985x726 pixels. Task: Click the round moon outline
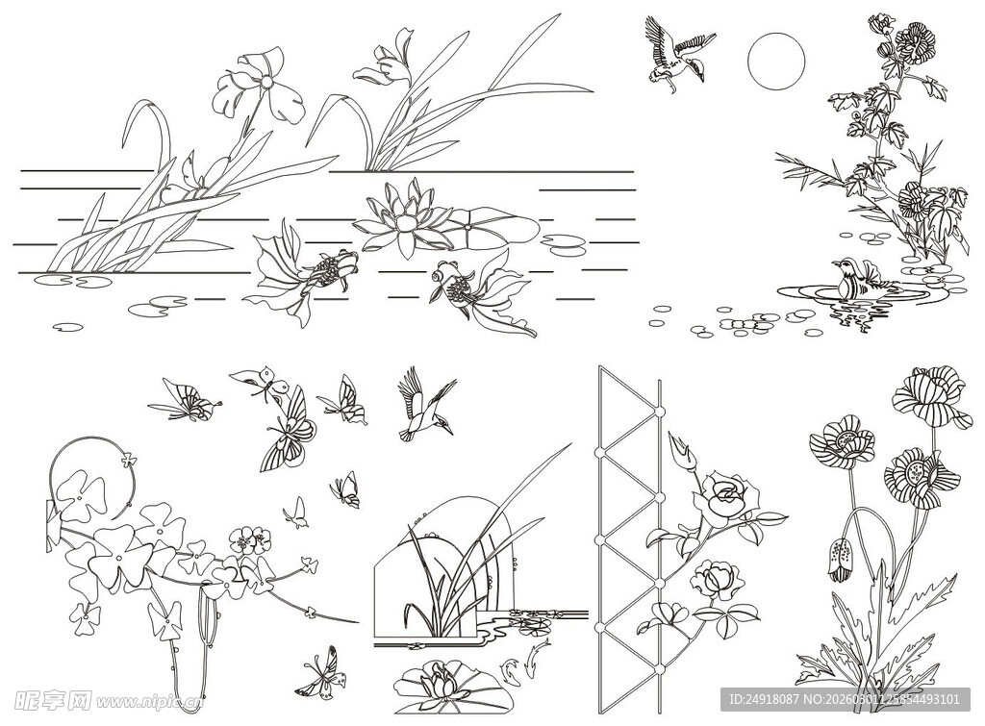tap(775, 60)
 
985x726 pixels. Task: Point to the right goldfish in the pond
tap(476, 289)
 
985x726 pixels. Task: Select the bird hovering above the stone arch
tap(422, 405)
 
